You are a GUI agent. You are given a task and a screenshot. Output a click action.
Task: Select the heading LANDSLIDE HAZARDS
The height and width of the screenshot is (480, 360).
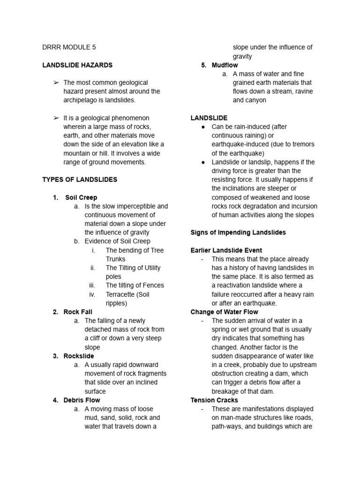[x=77, y=65]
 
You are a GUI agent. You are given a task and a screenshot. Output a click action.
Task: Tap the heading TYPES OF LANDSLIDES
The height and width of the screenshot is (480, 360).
[x=80, y=180]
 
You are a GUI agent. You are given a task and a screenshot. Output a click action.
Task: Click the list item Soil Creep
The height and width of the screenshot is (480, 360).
[x=81, y=197]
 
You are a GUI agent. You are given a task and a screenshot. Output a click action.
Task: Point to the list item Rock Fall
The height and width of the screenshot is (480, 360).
[x=78, y=312]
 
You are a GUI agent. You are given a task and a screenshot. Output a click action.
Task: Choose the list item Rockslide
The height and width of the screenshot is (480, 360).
[x=79, y=356]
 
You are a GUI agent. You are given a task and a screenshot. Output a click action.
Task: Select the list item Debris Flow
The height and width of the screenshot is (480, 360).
[x=82, y=400]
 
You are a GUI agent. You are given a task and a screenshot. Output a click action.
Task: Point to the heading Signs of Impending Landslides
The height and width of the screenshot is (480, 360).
[x=238, y=232]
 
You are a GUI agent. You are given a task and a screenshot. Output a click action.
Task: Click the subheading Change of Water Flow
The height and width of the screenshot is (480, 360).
[x=224, y=312]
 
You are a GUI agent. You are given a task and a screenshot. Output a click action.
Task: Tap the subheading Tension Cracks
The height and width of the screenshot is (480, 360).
[x=214, y=400]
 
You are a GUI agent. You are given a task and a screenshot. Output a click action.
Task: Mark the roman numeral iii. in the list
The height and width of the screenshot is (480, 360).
[x=92, y=285]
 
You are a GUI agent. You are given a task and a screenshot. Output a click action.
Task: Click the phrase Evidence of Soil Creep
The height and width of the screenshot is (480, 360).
[x=117, y=241]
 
